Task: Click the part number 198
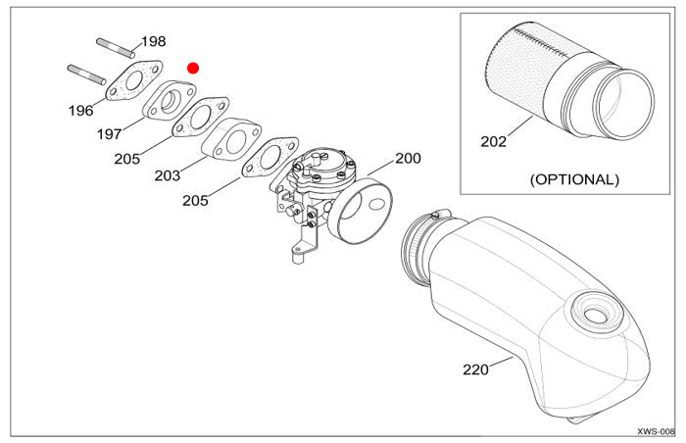(x=154, y=41)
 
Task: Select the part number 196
(x=81, y=111)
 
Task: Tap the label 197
(x=109, y=132)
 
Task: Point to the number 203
(x=168, y=176)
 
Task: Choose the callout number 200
(x=408, y=158)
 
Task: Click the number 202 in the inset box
(x=494, y=141)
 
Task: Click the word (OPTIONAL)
(x=574, y=179)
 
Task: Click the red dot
(x=193, y=68)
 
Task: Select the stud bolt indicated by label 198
(x=116, y=45)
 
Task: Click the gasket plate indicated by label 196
(x=134, y=81)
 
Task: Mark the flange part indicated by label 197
(x=168, y=100)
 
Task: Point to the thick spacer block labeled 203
(x=232, y=139)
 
